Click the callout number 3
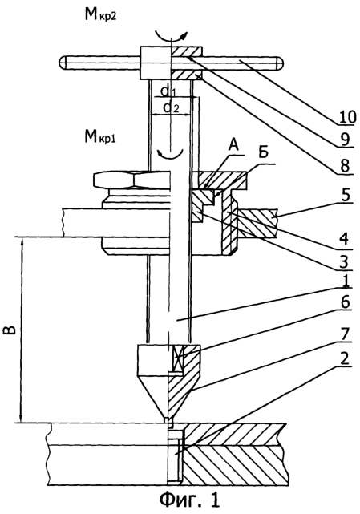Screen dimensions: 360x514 click(344, 262)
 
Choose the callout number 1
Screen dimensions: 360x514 click(344, 281)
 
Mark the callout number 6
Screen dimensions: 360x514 click(344, 302)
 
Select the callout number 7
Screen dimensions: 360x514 click(345, 334)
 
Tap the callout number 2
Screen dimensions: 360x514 click(345, 358)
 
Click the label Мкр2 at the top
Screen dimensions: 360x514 click(100, 16)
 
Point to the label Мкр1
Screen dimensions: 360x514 click(100, 137)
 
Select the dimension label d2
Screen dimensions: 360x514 click(171, 107)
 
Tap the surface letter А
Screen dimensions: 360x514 click(233, 146)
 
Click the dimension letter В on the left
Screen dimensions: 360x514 click(10, 330)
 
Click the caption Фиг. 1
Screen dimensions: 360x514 click(190, 500)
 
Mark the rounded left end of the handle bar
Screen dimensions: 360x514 click(63, 63)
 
